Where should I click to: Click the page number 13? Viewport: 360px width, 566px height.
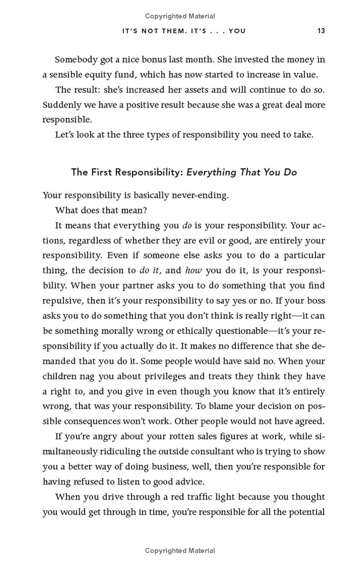pos(321,31)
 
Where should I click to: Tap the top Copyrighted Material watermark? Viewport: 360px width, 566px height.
pos(180,16)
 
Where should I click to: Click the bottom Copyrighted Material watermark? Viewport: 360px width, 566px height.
pos(180,550)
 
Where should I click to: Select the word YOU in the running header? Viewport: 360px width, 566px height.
pos(237,31)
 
